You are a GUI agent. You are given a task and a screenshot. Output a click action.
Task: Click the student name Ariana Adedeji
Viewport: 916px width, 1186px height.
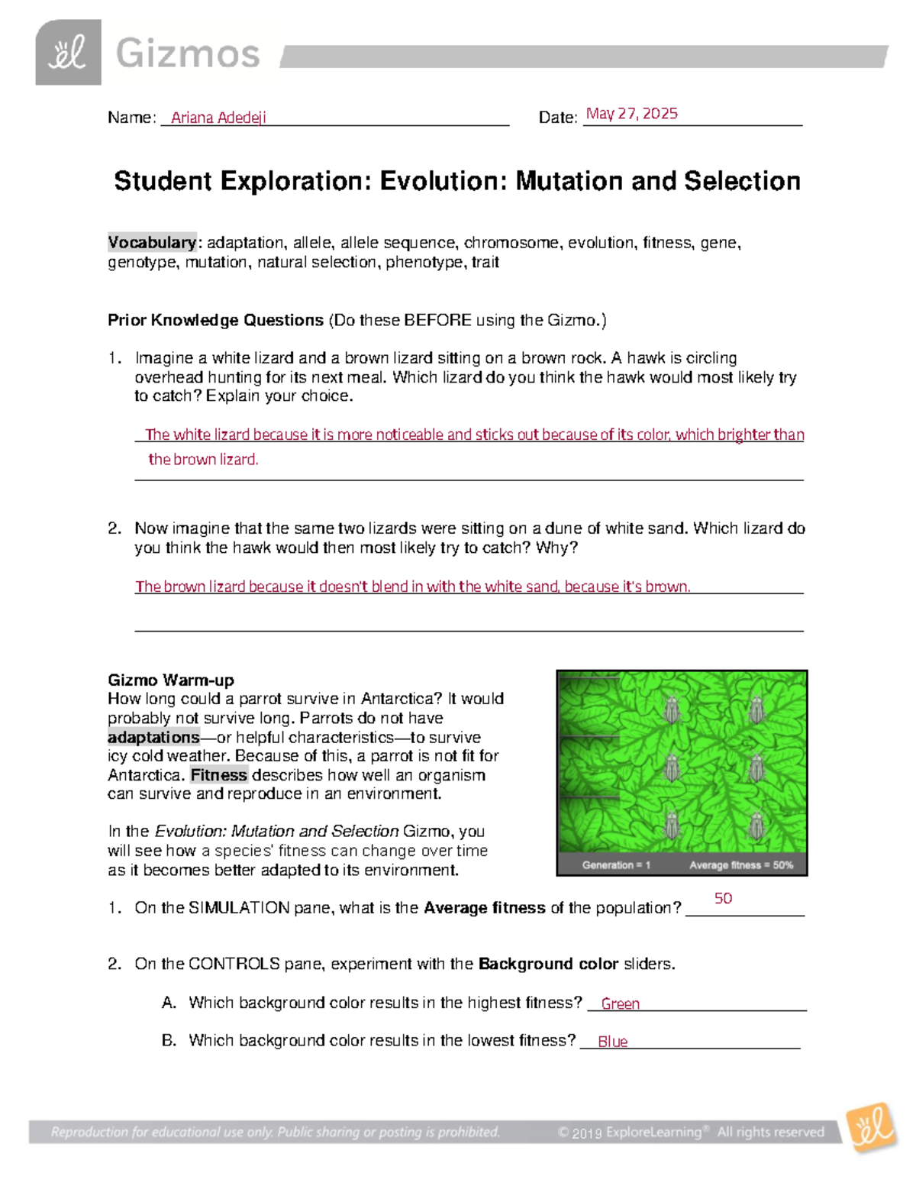coord(218,118)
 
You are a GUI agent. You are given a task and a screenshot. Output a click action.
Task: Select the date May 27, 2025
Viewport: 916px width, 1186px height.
coord(631,114)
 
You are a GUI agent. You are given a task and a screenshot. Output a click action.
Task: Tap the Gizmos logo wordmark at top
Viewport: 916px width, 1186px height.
coord(188,54)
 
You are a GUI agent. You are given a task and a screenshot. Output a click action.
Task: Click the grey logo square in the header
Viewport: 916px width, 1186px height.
coord(68,53)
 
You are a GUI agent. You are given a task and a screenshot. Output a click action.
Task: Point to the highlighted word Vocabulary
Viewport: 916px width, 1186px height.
coord(152,243)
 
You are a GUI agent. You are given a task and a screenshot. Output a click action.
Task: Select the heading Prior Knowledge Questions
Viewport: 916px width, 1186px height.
coord(215,320)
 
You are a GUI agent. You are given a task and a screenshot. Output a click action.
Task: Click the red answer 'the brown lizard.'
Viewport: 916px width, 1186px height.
coord(203,459)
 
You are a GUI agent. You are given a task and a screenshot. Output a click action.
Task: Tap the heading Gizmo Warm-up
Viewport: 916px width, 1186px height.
coord(171,680)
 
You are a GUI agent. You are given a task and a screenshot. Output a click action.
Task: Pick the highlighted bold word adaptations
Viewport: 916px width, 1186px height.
coord(153,737)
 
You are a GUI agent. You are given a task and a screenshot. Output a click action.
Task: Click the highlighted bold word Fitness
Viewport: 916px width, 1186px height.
coord(218,775)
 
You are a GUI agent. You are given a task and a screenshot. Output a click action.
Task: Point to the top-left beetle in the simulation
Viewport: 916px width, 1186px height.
coord(672,709)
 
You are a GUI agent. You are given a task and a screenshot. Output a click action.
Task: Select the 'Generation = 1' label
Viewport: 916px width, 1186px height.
coord(616,865)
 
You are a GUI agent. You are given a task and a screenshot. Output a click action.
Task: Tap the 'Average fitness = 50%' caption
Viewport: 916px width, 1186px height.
coord(741,865)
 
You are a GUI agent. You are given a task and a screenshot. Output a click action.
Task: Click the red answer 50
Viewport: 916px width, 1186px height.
coord(723,898)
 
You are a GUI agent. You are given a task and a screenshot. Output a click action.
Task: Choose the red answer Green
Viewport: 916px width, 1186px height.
coord(620,1003)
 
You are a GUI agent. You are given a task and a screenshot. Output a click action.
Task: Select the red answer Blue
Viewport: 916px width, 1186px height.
coord(612,1042)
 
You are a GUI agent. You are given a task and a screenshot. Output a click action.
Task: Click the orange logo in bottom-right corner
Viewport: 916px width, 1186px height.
coord(872,1126)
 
